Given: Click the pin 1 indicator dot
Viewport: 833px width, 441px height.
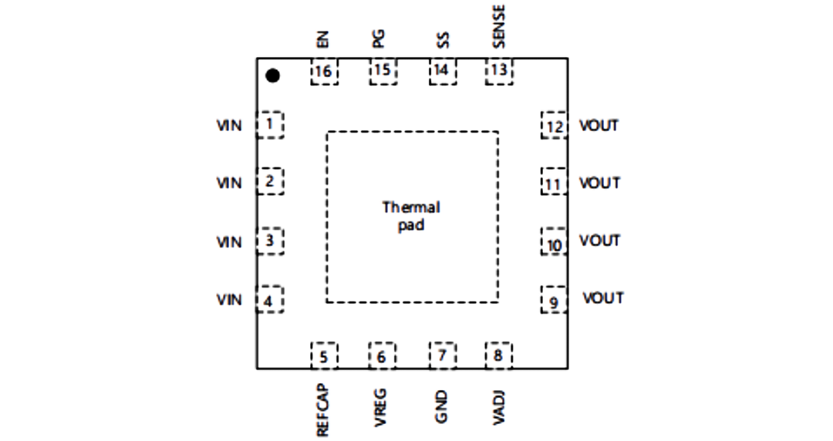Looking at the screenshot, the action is tap(272, 76).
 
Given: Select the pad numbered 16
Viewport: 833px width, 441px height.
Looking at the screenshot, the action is tap(324, 71).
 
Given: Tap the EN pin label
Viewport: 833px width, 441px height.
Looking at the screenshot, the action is tap(322, 40).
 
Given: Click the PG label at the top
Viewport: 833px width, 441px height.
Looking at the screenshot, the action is tap(378, 39).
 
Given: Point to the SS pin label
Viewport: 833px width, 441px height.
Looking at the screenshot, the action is tap(443, 40).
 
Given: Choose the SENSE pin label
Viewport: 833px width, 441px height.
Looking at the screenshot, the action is tap(498, 26).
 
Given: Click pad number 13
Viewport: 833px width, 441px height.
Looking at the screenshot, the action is tap(499, 71).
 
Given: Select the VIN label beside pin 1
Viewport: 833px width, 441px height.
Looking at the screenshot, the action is tap(229, 126).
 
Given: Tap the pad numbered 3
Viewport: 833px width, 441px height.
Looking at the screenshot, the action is tap(270, 241).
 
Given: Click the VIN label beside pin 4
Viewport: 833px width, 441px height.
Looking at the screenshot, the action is tap(229, 300).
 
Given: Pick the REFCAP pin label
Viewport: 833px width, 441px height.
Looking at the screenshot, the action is tap(322, 410).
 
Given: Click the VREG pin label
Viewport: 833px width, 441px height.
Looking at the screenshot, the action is tap(380, 408).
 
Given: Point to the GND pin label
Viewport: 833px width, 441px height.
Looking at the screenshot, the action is tap(441, 407).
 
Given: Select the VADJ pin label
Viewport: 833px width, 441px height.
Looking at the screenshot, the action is tap(498, 408).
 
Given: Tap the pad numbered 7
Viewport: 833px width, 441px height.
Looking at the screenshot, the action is tap(443, 355).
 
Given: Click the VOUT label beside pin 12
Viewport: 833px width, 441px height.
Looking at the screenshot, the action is tap(599, 126).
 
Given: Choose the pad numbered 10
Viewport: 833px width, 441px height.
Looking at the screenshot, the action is tap(554, 242).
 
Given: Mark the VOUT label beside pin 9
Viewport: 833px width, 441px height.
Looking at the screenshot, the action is tap(603, 298).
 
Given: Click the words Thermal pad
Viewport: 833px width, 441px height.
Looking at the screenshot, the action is tap(411, 216).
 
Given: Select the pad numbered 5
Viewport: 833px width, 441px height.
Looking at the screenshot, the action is tap(324, 355).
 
